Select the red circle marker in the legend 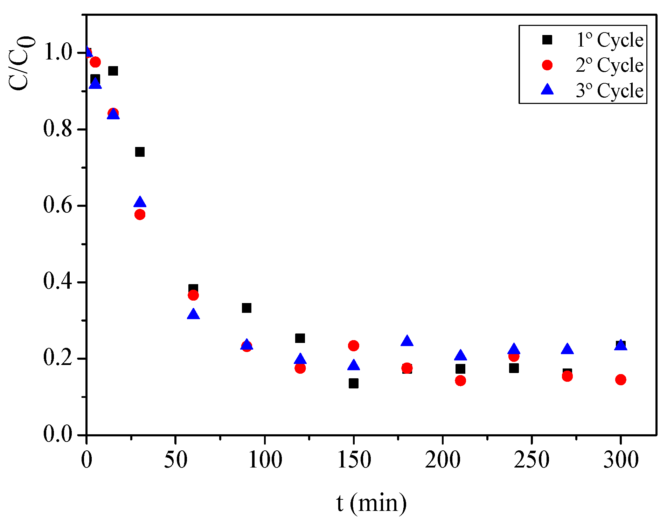point(547,65)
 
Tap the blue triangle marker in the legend point(547,90)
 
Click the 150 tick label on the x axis point(354,459)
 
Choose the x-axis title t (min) point(371,503)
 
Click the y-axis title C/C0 point(22,63)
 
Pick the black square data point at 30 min point(140,152)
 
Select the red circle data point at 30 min point(140,215)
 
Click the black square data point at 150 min point(354,384)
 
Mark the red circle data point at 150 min point(354,346)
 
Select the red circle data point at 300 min point(621,380)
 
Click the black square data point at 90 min point(246,308)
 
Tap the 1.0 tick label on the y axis point(57,52)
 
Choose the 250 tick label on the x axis point(531,459)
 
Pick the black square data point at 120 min point(300,338)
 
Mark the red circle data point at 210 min point(460,381)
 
